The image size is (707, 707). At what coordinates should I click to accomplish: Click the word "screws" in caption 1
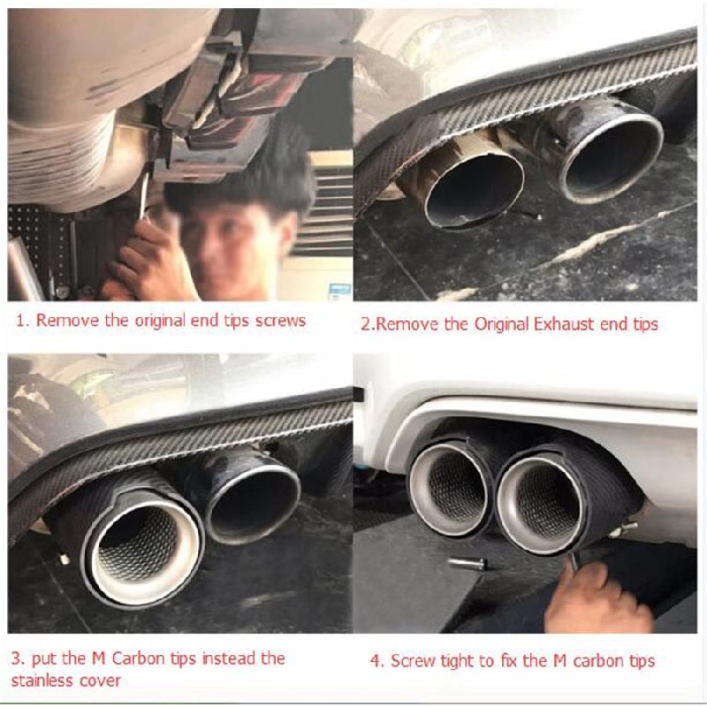(280, 321)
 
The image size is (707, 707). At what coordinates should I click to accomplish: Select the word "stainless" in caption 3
(41, 680)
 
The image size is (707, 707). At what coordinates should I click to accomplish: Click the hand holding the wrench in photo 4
(597, 595)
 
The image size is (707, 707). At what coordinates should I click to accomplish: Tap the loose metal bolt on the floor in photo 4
(468, 563)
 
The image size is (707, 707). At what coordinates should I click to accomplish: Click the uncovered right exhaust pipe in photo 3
(249, 500)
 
